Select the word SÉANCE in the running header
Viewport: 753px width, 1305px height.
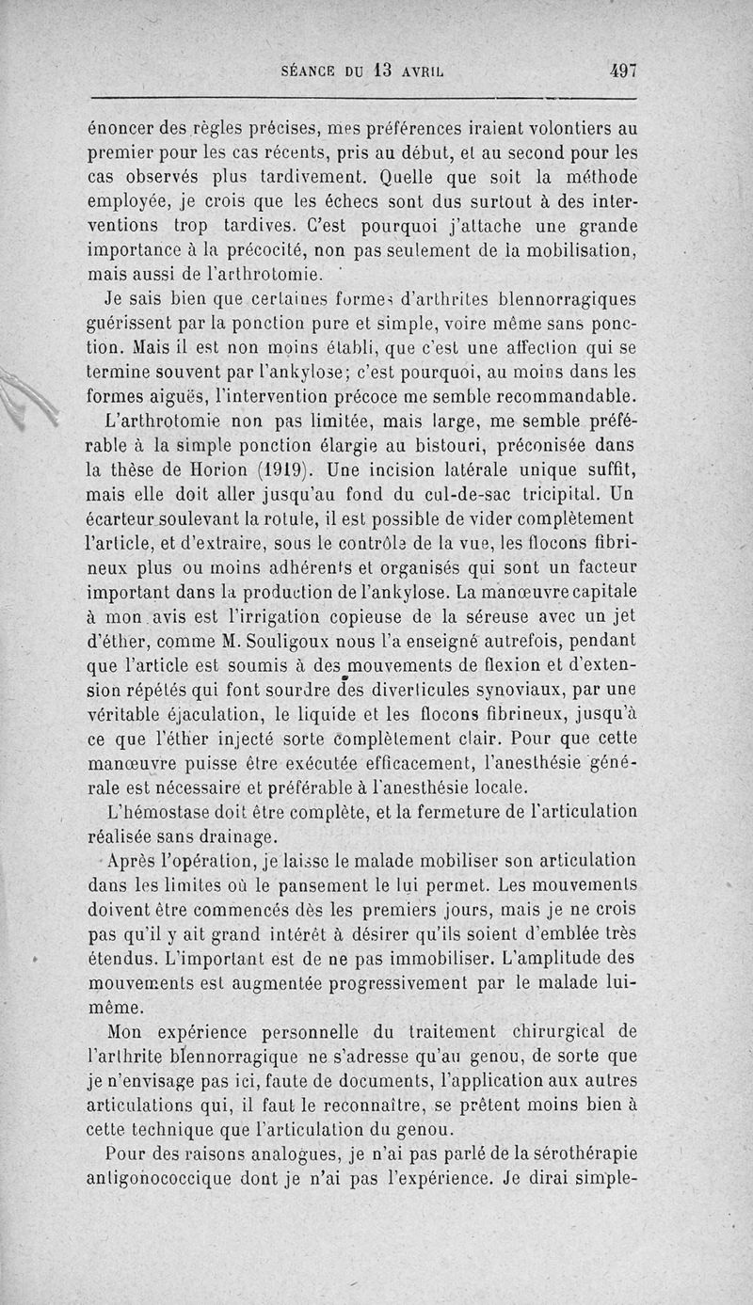click(x=315, y=70)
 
